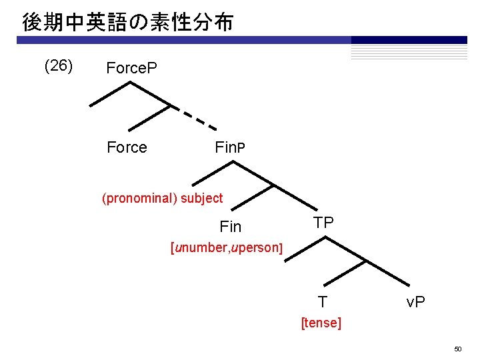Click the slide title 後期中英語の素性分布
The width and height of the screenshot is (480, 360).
127,23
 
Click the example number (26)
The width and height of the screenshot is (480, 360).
58,66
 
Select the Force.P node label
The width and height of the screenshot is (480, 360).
131,68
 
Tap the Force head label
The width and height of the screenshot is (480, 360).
127,147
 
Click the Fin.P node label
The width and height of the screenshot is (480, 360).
230,147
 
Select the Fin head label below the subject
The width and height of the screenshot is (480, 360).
230,227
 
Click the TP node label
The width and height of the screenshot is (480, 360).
323,223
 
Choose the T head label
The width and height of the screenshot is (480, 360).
322,302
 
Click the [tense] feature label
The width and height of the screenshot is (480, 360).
321,323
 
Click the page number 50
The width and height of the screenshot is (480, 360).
458,349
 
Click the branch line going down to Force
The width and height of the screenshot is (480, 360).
148,117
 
